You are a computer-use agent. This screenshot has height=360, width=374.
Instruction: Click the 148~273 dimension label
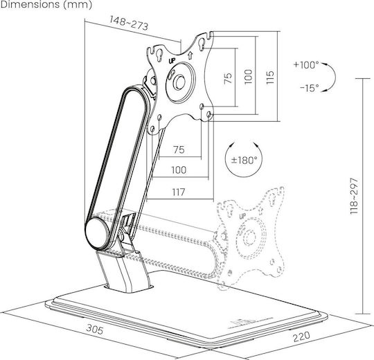click(x=129, y=23)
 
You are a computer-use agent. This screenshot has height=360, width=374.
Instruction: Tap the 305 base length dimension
click(x=95, y=330)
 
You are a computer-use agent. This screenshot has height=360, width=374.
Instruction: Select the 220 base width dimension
click(x=302, y=336)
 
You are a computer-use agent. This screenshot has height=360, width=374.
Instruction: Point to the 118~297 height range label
click(x=354, y=196)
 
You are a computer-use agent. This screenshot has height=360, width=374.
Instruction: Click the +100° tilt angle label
click(x=306, y=64)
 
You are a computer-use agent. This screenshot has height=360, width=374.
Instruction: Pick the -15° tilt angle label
click(x=310, y=88)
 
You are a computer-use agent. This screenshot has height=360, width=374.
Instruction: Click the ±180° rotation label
click(x=244, y=160)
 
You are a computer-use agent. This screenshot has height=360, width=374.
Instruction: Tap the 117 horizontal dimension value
click(x=179, y=192)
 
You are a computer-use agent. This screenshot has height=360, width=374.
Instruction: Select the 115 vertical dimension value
click(x=270, y=78)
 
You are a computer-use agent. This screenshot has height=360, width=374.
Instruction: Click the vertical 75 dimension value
click(x=228, y=78)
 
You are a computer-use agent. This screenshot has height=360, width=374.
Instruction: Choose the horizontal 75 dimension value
click(x=179, y=150)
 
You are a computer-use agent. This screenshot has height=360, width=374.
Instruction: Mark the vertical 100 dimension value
click(x=248, y=77)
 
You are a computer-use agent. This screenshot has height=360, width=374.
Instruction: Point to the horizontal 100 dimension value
click(x=179, y=170)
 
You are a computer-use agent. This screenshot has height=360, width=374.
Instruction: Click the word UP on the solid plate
click(x=172, y=61)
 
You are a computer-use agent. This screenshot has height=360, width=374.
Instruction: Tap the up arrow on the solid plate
click(x=190, y=55)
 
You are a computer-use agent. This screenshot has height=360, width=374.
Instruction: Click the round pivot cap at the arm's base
click(x=98, y=233)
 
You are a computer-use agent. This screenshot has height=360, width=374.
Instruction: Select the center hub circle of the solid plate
click(x=179, y=82)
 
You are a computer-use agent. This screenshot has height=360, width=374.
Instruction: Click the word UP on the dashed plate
click(x=242, y=216)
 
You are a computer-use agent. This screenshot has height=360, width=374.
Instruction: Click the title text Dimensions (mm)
click(x=46, y=5)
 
